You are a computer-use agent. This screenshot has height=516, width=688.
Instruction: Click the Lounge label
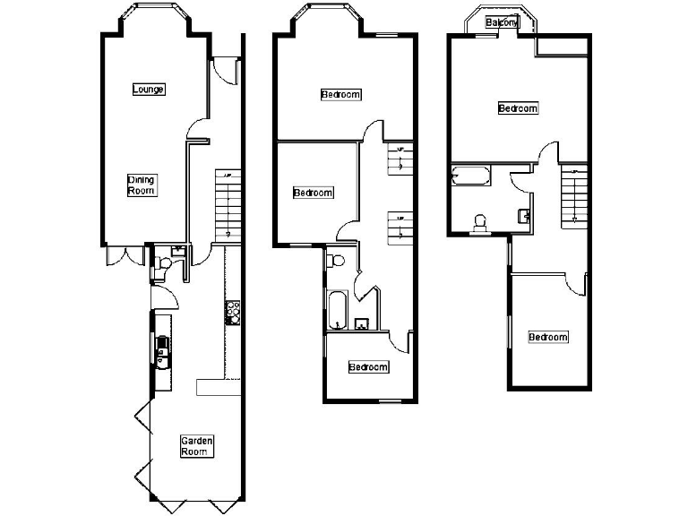coord(148,89)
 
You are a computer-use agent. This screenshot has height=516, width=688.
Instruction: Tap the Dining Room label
coord(142,185)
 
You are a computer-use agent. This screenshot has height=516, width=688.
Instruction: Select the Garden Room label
coord(196,445)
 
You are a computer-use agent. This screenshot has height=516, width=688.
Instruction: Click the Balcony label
coord(502,23)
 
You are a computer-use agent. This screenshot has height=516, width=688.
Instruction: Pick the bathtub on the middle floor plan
coord(338,308)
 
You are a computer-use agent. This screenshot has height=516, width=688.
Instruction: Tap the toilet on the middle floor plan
coord(337,260)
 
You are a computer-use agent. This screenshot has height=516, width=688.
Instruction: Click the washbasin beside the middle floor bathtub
coord(362,324)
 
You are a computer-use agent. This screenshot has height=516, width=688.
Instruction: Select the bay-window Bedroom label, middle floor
coord(340,94)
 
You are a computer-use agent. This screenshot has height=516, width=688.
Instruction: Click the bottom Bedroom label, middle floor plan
coord(368,367)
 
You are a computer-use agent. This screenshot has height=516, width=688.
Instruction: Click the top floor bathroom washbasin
coord(526,215)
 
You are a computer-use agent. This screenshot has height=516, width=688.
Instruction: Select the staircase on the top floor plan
coord(573,194)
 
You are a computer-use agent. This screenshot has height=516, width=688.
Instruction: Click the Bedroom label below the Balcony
coord(518,108)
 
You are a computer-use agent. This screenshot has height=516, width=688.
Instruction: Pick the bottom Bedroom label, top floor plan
coord(547,337)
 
